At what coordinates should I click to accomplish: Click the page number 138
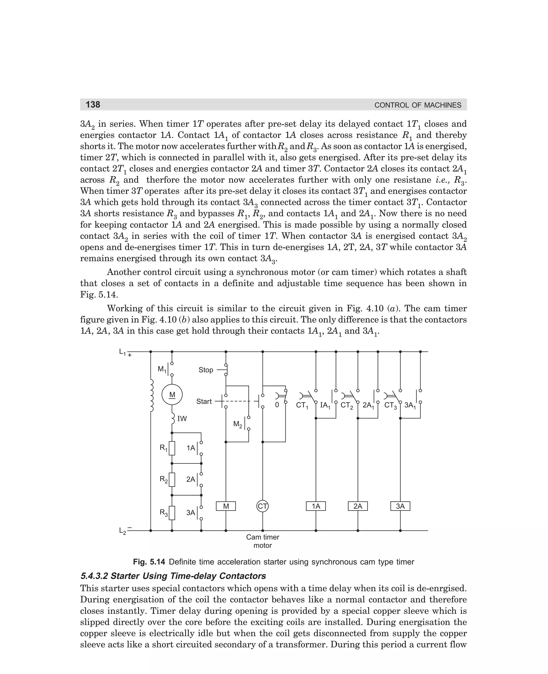tap(93, 104)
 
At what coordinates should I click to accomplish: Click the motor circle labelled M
tap(172, 395)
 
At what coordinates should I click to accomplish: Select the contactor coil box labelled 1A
tap(316, 506)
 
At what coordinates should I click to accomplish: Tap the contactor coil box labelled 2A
tap(358, 506)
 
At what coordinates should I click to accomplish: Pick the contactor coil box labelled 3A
tap(400, 506)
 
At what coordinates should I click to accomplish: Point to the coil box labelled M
tap(226, 506)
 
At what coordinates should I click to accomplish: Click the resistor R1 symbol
tap(172, 448)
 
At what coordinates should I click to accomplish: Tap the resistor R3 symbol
tap(172, 513)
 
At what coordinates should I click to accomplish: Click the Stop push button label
tap(206, 370)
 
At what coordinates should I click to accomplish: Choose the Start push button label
tap(204, 402)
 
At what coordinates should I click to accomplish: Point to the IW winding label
tap(182, 419)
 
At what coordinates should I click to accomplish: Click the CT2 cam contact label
tap(347, 405)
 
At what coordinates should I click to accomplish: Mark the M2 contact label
tap(238, 424)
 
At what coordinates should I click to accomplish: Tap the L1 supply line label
tap(123, 352)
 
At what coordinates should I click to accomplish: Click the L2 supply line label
tap(123, 531)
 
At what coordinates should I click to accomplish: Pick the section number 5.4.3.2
tap(94, 576)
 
